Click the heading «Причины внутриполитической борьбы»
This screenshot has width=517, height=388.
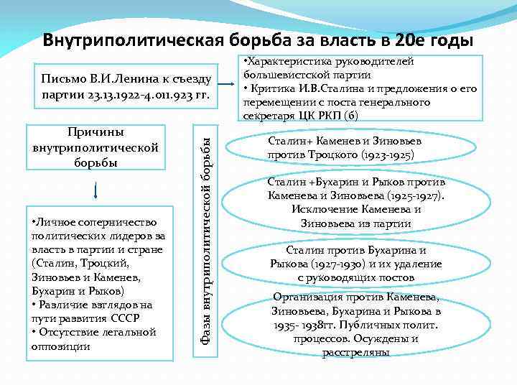96,147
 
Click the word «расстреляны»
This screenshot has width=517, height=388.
355,353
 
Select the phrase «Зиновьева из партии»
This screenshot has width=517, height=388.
356,223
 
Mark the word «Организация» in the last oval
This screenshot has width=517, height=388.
306,298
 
